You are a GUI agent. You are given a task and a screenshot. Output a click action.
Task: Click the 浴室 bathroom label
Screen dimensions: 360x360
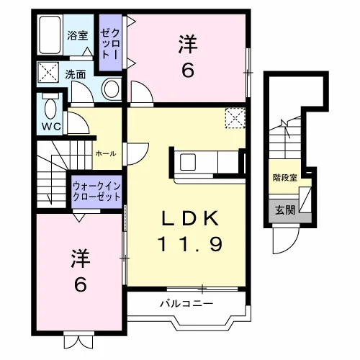pyautogui.click(x=78, y=35)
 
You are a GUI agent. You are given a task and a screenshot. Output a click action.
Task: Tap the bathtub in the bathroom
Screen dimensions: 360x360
pyautogui.click(x=50, y=35)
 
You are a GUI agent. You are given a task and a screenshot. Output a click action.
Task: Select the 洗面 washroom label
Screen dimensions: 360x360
pyautogui.click(x=76, y=75)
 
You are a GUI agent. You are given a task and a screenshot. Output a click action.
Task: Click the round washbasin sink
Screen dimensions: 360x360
pyautogui.click(x=112, y=88)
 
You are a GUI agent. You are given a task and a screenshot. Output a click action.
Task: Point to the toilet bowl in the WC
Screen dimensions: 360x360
pyautogui.click(x=50, y=109)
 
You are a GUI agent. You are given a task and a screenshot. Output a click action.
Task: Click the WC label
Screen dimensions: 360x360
pyautogui.click(x=51, y=127)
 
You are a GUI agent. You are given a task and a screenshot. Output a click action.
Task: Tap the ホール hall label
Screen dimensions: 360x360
pyautogui.click(x=106, y=153)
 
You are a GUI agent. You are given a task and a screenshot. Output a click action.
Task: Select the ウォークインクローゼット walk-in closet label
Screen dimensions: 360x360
pyautogui.click(x=96, y=192)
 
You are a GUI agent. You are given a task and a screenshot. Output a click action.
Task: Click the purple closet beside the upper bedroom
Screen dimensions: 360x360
pyautogui.click(x=110, y=42)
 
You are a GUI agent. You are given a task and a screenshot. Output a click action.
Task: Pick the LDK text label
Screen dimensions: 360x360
pyautogui.click(x=191, y=218)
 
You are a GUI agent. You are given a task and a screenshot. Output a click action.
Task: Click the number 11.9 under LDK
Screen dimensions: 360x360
pyautogui.click(x=190, y=243)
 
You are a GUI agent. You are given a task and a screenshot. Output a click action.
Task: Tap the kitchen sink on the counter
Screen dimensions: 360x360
pyautogui.click(x=188, y=162)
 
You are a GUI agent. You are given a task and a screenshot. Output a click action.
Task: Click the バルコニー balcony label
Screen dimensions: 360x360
pyautogui.click(x=186, y=304)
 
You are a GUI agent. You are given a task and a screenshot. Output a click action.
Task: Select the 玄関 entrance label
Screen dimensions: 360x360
pyautogui.click(x=285, y=210)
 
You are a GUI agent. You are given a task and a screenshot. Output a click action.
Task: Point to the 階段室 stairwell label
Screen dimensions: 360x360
pyautogui.click(x=284, y=178)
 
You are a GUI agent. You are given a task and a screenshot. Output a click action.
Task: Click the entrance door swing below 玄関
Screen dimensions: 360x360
pyautogui.click(x=287, y=240)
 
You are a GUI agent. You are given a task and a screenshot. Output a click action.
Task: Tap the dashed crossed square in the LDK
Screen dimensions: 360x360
pyautogui.click(x=235, y=118)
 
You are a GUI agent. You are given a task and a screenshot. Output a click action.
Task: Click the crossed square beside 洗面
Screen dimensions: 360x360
pyautogui.click(x=48, y=72)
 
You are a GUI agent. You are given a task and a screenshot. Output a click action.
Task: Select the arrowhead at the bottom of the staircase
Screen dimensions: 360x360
pyautogui.click(x=50, y=200)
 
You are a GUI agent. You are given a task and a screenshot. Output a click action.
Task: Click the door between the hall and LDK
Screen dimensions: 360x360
pyautogui.click(x=136, y=154)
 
